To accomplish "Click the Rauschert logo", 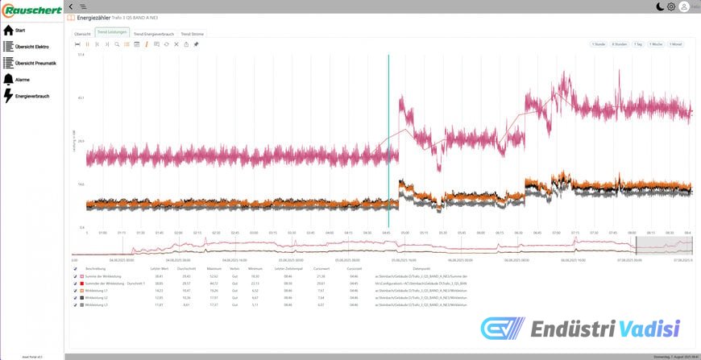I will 31,10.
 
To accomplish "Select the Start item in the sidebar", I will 20,31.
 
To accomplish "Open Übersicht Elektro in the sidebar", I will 31,47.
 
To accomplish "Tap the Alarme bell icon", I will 8,80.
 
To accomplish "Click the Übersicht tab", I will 82,34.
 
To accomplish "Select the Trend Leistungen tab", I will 113,33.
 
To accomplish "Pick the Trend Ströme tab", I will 192,34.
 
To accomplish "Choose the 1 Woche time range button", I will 658,44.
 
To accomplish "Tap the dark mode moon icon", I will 659,6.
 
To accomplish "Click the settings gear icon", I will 671,6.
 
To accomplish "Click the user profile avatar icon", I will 684,6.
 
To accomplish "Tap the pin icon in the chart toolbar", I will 196,44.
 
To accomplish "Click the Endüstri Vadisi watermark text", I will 604,329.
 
